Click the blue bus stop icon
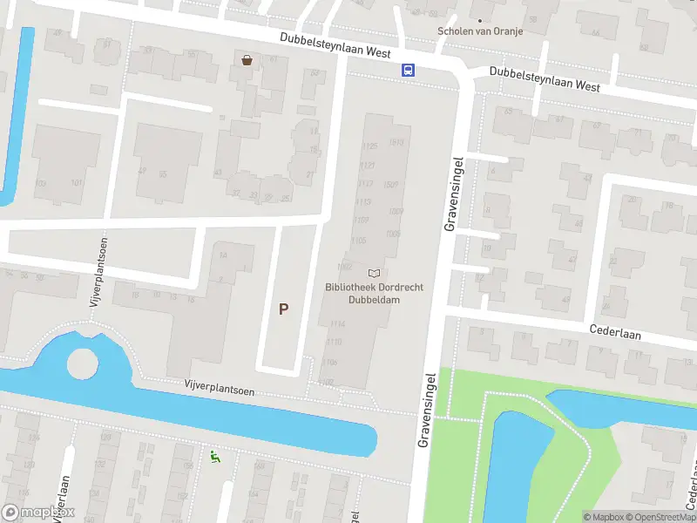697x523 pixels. coord(407,70)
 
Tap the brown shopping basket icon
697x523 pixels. coord(247,59)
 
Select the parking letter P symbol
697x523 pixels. coord(283,309)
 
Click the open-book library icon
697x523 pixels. coord(374,273)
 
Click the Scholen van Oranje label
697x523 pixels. coord(480,31)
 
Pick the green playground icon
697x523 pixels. coord(214,454)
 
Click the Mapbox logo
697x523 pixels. coord(37,513)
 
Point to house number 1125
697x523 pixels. coord(369,146)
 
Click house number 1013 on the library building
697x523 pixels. coord(398,142)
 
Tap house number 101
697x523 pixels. coord(77,182)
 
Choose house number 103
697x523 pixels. coord(41,183)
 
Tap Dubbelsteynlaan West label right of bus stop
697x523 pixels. coord(545,79)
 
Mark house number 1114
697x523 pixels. coord(336,323)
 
